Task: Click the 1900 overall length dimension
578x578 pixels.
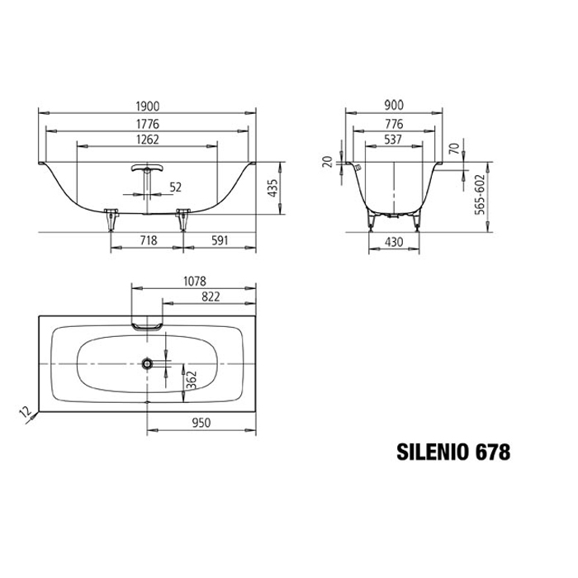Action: tap(148, 107)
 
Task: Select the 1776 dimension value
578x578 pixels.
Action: tap(148, 124)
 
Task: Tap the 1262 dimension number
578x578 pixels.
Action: tap(148, 140)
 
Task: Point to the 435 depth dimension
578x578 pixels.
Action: tap(272, 188)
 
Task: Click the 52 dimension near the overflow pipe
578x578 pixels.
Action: tap(175, 187)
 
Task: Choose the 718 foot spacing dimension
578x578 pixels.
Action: tap(149, 240)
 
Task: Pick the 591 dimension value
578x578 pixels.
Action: tap(220, 240)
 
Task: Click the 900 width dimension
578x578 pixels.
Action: tap(394, 105)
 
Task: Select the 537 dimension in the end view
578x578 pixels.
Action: tap(393, 140)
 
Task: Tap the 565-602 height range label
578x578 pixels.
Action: tap(479, 195)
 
